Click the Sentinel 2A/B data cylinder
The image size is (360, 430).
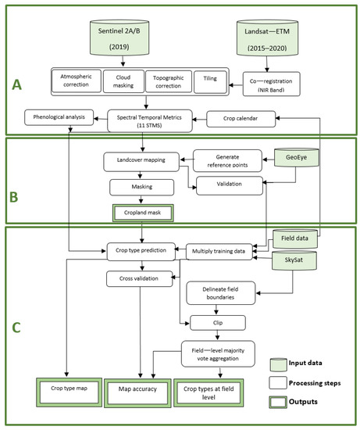tap(119, 38)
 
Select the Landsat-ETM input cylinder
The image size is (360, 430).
tap(267, 38)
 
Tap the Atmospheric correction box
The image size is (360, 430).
tap(77, 81)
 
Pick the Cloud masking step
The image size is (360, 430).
tap(123, 81)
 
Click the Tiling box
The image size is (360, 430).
tap(210, 82)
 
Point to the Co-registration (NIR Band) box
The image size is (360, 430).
tap(272, 84)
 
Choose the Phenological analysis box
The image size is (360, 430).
tap(59, 117)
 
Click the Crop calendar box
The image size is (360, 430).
tap(241, 119)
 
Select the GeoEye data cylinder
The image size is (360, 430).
tap(297, 157)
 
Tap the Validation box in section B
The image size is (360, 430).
tap(230, 185)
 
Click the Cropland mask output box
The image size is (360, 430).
tap(142, 213)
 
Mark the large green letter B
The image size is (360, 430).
tap(14, 197)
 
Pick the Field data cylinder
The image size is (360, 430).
tap(295, 238)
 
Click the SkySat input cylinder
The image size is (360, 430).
tap(294, 260)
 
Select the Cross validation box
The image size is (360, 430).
tap(140, 278)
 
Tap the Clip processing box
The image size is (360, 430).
tap(218, 323)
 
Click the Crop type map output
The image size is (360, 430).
tap(69, 392)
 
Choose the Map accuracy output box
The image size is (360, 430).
tap(137, 393)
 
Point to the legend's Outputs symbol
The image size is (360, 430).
tap(278, 402)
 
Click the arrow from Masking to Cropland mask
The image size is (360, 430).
tap(141, 199)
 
